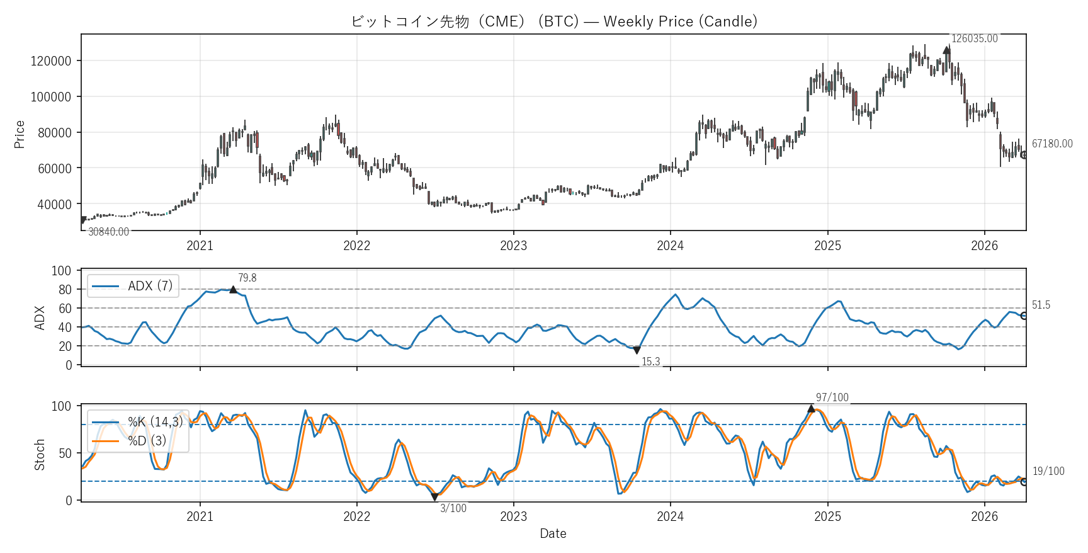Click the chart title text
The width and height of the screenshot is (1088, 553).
pos(553,21)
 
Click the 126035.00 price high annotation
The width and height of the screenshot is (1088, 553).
pos(974,39)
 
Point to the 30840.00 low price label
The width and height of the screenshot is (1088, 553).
pos(108,232)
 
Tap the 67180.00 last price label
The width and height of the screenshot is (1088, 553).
pos(1051,144)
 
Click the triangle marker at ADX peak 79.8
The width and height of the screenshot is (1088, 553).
pos(233,290)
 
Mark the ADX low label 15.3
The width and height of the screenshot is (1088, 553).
pos(650,362)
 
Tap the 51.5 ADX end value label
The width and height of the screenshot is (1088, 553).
pos(1041,305)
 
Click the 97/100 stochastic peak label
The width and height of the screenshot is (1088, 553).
pos(832,397)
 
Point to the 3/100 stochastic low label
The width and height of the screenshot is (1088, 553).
pos(453,508)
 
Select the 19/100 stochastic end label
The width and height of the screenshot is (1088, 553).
pos(1048,471)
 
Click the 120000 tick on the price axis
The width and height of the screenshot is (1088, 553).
pos(51,61)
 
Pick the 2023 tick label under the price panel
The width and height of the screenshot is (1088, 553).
pos(513,246)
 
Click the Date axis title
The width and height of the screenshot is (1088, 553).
pos(553,533)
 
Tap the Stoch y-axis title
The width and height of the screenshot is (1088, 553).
pos(40,454)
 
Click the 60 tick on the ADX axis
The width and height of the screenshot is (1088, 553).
pos(65,309)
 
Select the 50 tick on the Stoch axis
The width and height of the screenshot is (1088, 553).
pos(65,453)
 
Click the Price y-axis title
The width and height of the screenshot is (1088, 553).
pos(20,134)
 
